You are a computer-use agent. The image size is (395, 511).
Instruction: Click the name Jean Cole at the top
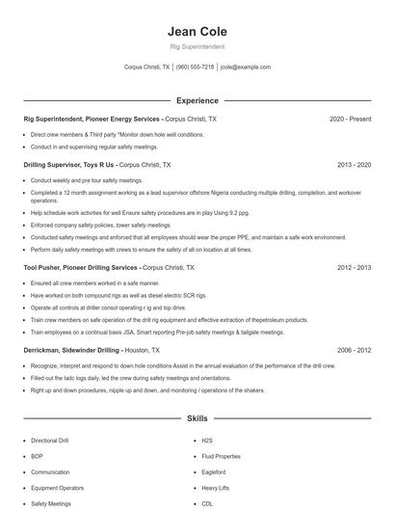click(x=197, y=32)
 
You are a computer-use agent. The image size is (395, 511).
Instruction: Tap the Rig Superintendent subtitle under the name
click(x=197, y=46)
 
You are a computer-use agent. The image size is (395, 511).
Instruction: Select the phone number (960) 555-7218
click(x=195, y=67)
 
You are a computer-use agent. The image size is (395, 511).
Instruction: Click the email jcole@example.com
click(x=245, y=67)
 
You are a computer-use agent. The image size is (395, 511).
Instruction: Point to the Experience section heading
click(x=197, y=100)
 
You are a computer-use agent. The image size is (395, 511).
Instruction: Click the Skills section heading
click(x=197, y=419)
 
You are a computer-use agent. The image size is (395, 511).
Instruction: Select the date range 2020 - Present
click(x=350, y=119)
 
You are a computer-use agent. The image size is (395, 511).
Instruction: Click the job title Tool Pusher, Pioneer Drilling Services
click(x=81, y=267)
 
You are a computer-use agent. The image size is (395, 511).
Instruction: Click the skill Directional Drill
click(x=50, y=440)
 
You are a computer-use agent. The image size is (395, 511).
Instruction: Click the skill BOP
click(x=38, y=456)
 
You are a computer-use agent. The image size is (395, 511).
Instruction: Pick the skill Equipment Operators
click(x=57, y=488)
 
